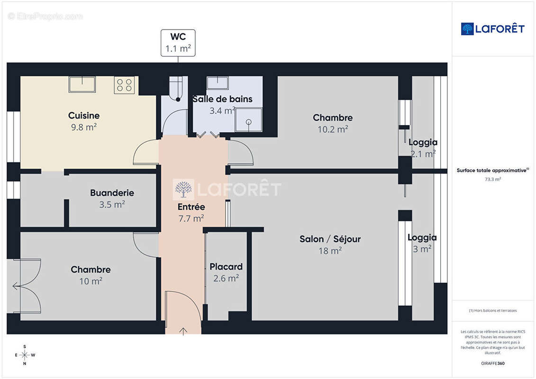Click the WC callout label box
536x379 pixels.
(178, 43)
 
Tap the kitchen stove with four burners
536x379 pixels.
(124, 85)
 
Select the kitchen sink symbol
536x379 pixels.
(82, 84)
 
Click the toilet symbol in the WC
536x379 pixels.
(176, 90)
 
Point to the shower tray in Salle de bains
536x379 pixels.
(249, 120)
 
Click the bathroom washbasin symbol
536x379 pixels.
(218, 83)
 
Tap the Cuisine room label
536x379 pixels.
(84, 115)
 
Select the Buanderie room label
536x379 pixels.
(112, 193)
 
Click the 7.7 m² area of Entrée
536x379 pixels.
(191, 218)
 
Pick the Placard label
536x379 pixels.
(226, 267)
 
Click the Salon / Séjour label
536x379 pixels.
(330, 239)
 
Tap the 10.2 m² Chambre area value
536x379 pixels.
(333, 129)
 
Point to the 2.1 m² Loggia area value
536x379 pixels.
(423, 153)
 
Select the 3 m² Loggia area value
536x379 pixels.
(422, 249)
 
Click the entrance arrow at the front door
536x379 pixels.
(183, 331)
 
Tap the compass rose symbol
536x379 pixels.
(25, 355)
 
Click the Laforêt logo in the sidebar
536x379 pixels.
(493, 29)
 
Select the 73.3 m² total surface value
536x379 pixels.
(493, 180)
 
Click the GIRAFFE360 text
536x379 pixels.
(493, 364)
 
